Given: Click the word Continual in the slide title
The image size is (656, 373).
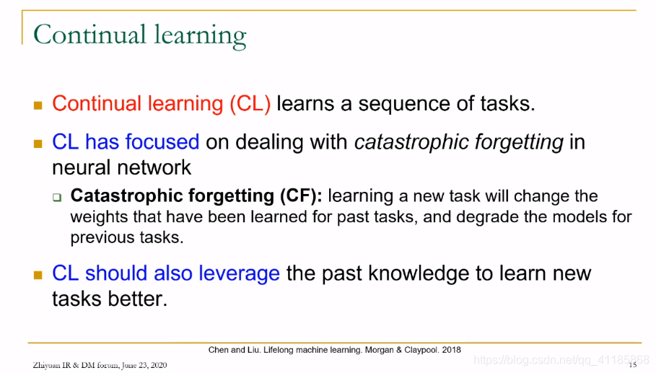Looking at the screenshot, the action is [90, 34].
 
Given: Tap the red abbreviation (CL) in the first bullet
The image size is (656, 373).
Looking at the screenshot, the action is [250, 104].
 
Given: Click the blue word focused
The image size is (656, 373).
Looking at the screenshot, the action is [162, 141].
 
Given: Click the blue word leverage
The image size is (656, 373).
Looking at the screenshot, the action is [239, 274].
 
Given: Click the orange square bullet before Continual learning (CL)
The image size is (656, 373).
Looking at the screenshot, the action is [38, 105].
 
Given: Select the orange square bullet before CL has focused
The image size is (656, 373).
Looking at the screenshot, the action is [38, 144].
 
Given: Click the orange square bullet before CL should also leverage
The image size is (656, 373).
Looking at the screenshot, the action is [38, 275].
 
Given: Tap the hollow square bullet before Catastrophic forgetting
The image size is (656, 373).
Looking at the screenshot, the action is [57, 198].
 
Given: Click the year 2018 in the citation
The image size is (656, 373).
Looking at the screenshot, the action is [452, 350].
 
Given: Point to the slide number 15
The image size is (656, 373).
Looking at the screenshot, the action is [633, 365].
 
